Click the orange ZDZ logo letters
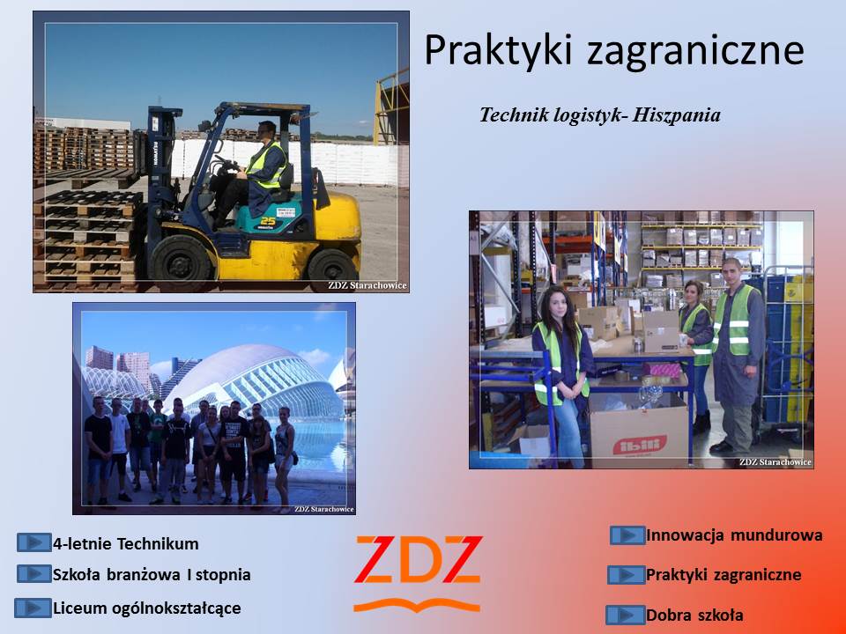[x=418, y=559]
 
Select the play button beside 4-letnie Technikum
[x=34, y=542]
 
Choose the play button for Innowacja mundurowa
[x=627, y=535]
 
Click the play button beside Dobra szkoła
[x=626, y=615]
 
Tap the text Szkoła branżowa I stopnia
[x=152, y=575]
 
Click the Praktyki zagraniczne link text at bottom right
[x=724, y=575]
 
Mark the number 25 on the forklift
[x=268, y=220]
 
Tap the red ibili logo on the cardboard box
[x=640, y=446]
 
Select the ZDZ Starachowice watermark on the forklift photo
[x=367, y=285]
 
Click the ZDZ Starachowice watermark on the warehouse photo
[x=775, y=462]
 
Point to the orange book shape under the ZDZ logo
[x=417, y=605]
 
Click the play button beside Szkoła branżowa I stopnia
[x=34, y=574]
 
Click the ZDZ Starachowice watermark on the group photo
[x=323, y=509]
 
